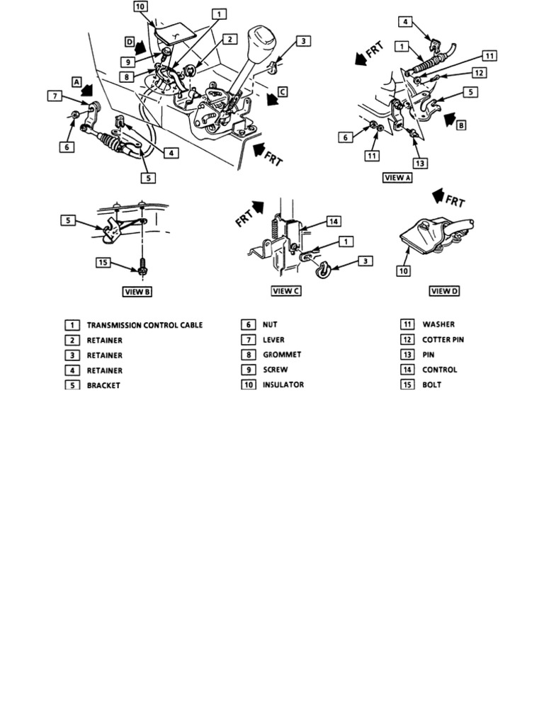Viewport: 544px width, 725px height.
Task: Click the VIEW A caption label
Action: pyautogui.click(x=397, y=178)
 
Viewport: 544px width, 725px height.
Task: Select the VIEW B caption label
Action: pyautogui.click(x=137, y=291)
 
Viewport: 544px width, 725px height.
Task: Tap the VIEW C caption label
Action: pyautogui.click(x=286, y=291)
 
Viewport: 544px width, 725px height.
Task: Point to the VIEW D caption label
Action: pyautogui.click(x=443, y=291)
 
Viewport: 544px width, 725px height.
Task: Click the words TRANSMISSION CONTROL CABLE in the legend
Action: pyautogui.click(x=144, y=325)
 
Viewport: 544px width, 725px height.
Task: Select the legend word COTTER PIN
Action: pyautogui.click(x=443, y=340)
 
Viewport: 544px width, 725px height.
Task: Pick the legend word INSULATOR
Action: pyautogui.click(x=283, y=384)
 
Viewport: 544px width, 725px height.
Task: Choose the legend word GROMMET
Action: pyautogui.click(x=281, y=355)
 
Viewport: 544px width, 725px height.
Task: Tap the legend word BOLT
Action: pyautogui.click(x=431, y=384)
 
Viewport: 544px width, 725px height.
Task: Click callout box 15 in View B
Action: pyautogui.click(x=104, y=262)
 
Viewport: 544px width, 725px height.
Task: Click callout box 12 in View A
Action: pyautogui.click(x=479, y=72)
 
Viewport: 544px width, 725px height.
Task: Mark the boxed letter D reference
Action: pyautogui.click(x=130, y=42)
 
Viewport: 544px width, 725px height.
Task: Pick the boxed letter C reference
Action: pyautogui.click(x=283, y=91)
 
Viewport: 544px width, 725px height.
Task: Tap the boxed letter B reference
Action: pyautogui.click(x=461, y=125)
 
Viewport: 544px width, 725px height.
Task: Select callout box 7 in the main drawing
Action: pyautogui.click(x=54, y=95)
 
